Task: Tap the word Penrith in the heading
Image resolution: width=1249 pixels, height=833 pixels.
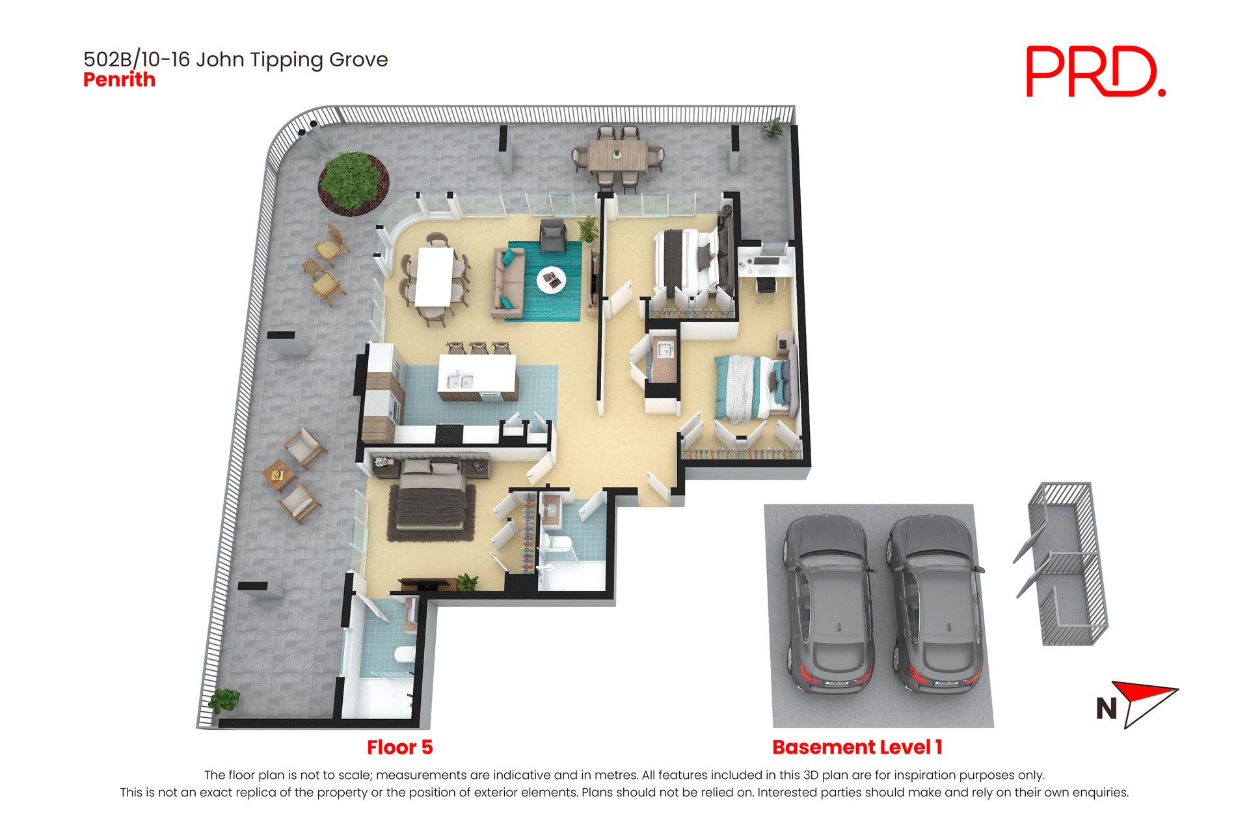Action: click(119, 80)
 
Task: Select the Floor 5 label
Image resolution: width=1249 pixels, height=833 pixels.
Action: click(399, 747)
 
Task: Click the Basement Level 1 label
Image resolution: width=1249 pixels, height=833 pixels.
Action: click(857, 747)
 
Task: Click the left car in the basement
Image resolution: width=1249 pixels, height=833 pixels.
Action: click(827, 605)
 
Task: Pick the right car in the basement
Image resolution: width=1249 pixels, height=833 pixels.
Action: click(935, 605)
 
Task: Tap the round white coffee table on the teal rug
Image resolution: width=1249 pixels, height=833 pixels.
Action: click(551, 280)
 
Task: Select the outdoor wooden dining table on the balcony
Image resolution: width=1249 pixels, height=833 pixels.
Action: click(617, 156)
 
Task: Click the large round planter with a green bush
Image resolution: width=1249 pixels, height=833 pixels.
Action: click(353, 183)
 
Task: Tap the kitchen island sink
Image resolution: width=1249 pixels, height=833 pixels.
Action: click(459, 381)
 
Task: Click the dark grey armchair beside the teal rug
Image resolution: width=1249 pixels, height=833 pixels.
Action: click(552, 236)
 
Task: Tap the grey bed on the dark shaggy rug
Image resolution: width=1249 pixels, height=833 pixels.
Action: click(431, 498)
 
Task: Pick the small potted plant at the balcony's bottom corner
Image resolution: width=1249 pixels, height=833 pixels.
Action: click(224, 700)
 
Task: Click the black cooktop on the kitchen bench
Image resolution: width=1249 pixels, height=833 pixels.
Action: click(449, 431)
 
